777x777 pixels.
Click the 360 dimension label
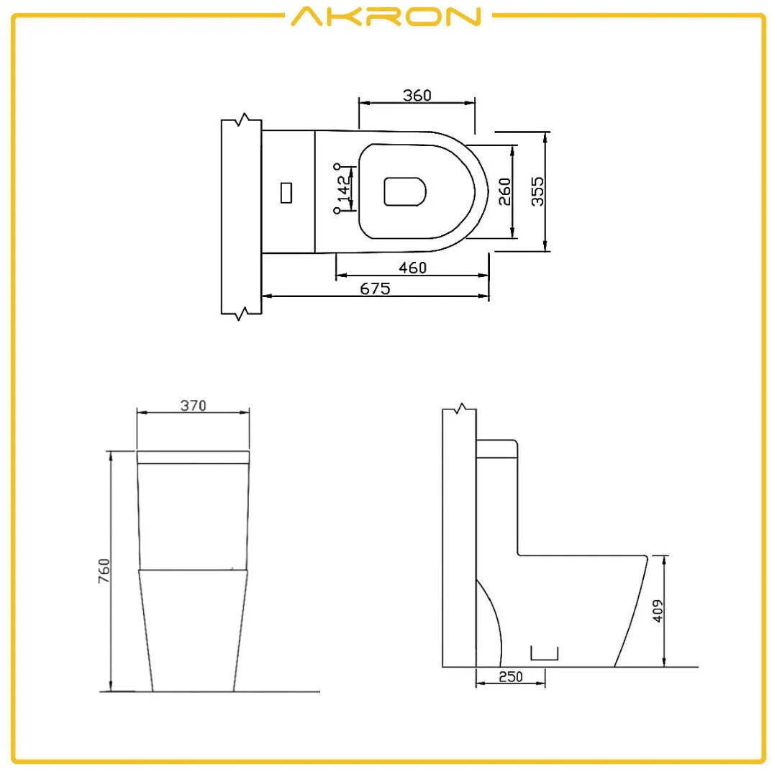[417, 96]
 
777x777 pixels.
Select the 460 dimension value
[413, 268]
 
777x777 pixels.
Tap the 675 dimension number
[375, 288]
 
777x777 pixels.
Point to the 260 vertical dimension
[505, 191]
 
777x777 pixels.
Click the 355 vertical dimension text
[537, 191]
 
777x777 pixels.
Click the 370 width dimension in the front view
[193, 406]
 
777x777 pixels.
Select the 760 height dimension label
[104, 570]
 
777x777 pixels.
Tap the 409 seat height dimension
[657, 610]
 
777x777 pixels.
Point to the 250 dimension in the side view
[510, 677]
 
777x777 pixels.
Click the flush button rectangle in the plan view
[286, 192]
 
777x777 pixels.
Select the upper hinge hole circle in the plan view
[337, 166]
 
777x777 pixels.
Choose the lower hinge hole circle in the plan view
[337, 211]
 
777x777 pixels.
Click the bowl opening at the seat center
[405, 191]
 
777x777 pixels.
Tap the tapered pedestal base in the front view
[193, 630]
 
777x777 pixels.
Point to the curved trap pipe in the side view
[492, 619]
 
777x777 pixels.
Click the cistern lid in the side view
[496, 448]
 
